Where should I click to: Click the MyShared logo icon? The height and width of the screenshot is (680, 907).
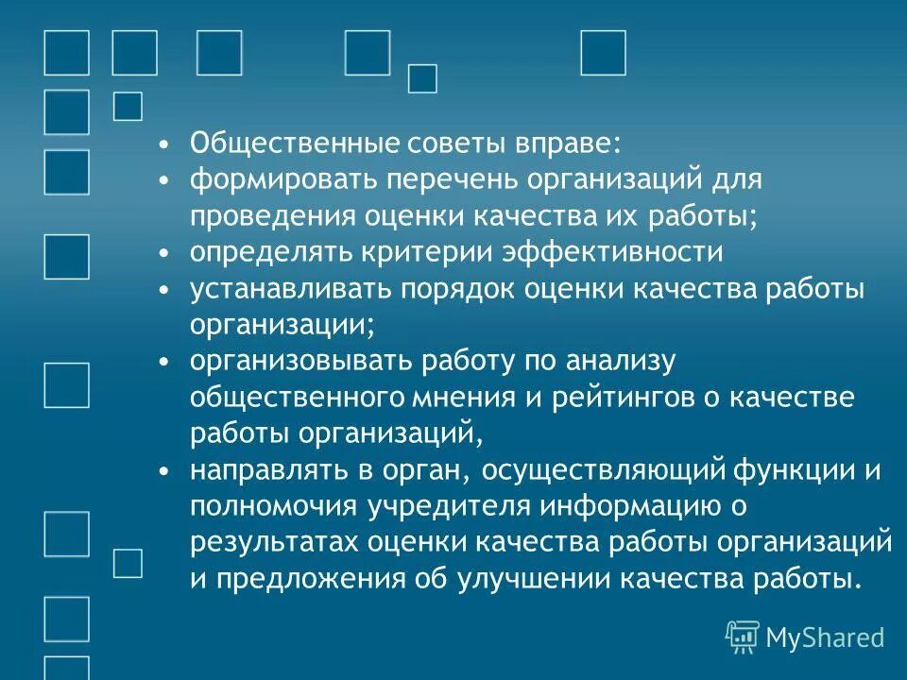[x=743, y=637]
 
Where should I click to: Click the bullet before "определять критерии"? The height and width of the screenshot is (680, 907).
[x=164, y=253]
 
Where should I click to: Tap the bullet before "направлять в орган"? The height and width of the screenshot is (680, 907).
[x=164, y=470]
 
